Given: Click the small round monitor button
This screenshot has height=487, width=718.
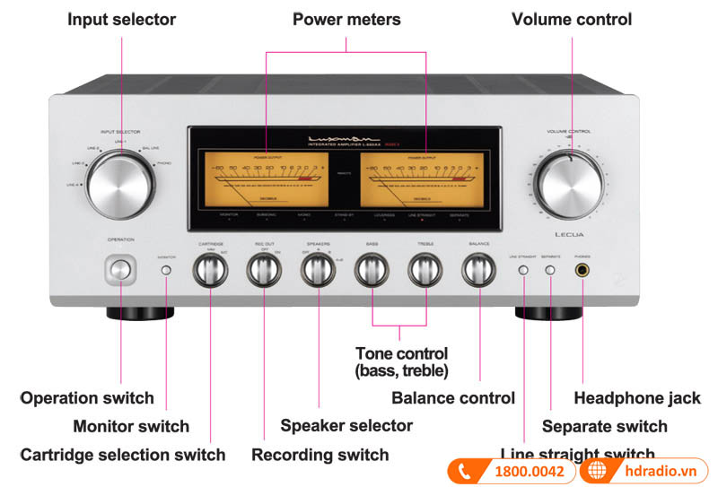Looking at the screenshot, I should click(x=166, y=269).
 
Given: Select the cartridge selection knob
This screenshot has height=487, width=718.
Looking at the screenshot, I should click(x=211, y=269).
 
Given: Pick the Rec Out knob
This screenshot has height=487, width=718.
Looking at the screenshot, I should click(x=264, y=269).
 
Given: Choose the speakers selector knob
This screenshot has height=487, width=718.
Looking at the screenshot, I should click(x=318, y=269).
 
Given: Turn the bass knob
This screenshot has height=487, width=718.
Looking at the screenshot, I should click(x=372, y=269).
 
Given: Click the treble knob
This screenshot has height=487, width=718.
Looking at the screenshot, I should click(x=425, y=269).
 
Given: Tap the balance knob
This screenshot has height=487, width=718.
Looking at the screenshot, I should click(x=479, y=269).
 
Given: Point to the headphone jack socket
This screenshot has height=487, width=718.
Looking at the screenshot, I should click(x=583, y=270).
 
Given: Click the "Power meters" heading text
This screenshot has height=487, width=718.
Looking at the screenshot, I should click(x=346, y=19).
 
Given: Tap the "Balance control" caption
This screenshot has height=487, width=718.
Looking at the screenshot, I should click(x=453, y=397).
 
